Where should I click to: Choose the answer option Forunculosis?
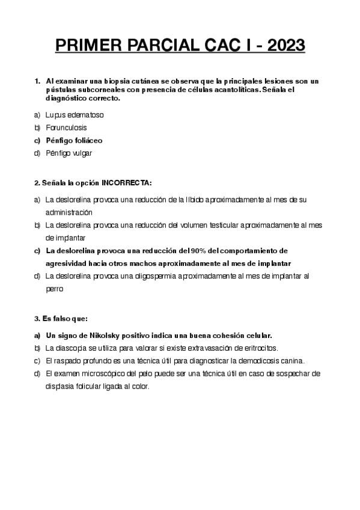click(x=66, y=127)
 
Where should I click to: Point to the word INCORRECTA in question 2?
click(x=127, y=182)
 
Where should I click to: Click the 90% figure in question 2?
click(x=198, y=250)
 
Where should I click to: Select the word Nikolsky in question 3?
click(x=105, y=335)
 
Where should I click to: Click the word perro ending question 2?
click(x=54, y=289)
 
